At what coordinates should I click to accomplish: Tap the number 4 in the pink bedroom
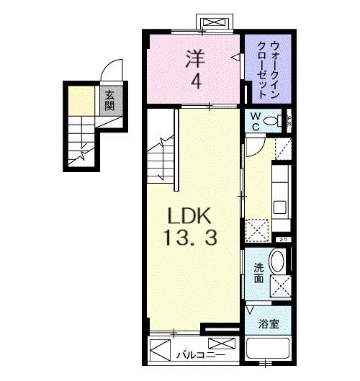pyautogui.click(x=195, y=81)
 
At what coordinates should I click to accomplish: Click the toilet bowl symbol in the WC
pyautogui.click(x=273, y=121)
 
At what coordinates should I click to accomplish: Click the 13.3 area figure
pyautogui.click(x=191, y=238)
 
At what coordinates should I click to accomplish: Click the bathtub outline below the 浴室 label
pyautogui.click(x=268, y=351)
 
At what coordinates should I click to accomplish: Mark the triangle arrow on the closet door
pyautogui.click(x=234, y=55)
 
